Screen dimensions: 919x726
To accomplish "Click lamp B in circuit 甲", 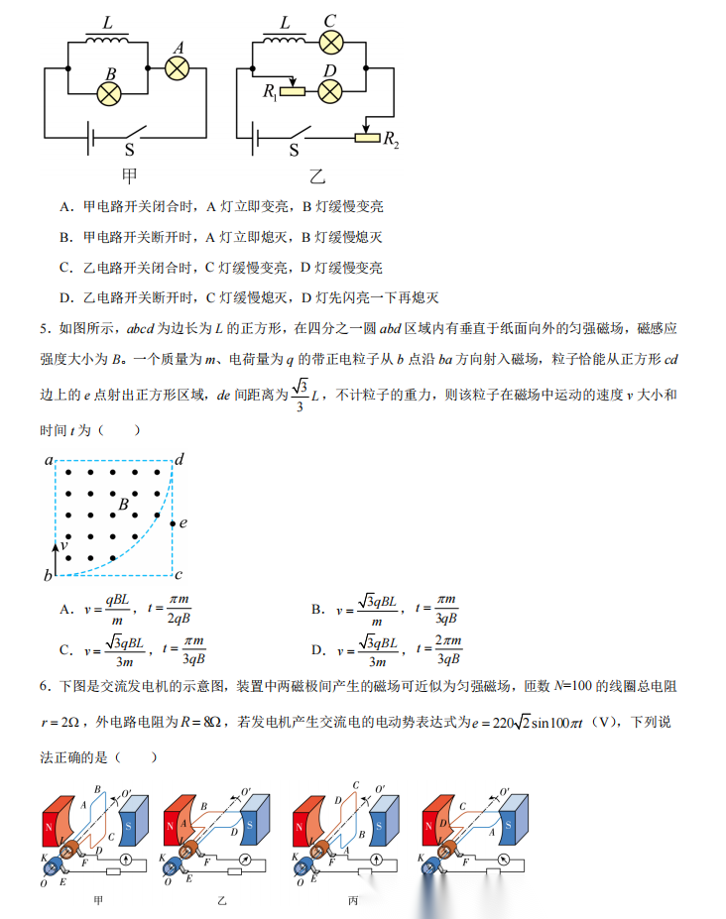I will (109, 94).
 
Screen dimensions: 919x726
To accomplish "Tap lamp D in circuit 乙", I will (329, 92).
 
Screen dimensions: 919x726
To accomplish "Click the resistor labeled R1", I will (294, 92).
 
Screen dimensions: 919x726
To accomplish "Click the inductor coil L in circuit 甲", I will (106, 40).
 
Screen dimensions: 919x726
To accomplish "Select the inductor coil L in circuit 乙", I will (283, 40).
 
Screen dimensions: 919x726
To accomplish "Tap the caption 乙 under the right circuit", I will (317, 177).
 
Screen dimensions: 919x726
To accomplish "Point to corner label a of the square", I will (48, 460).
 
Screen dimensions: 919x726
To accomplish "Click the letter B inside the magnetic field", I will (124, 506).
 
